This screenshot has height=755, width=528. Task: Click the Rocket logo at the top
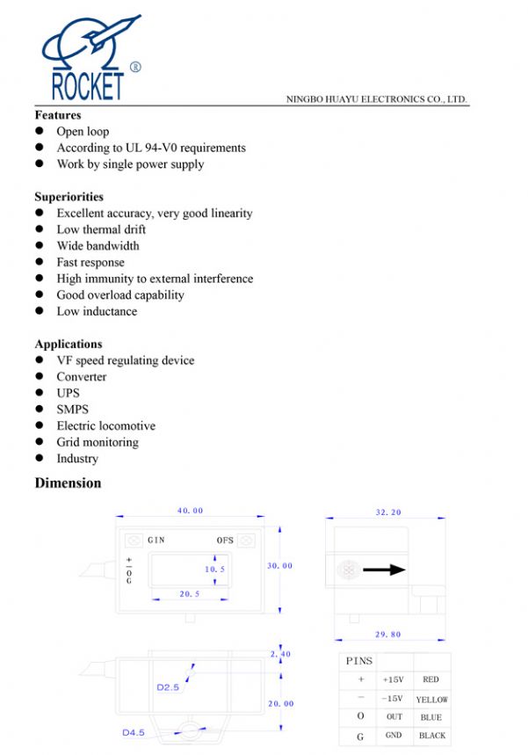tap(88, 58)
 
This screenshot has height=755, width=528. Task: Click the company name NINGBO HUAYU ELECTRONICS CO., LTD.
tap(376, 99)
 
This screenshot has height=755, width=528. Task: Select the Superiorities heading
tap(69, 197)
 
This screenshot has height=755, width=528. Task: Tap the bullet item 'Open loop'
tap(83, 132)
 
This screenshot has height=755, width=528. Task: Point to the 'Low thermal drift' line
tap(101, 229)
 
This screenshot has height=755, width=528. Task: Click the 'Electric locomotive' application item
tap(105, 426)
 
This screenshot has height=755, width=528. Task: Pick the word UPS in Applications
tap(68, 393)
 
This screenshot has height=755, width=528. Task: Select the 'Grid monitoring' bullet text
tap(98, 442)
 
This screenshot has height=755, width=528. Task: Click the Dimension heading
tap(68, 483)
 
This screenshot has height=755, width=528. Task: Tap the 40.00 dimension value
tap(190, 511)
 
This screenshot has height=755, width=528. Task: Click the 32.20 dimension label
tap(387, 511)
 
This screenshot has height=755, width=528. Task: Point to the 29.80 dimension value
tap(387, 634)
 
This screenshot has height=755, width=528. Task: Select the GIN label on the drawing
tap(156, 540)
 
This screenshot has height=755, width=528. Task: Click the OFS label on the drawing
tap(225, 540)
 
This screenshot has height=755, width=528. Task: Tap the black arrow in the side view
tap(384, 570)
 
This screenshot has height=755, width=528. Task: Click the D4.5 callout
tap(134, 731)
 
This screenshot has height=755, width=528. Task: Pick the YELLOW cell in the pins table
tap(431, 700)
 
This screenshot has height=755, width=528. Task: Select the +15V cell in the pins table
tap(393, 679)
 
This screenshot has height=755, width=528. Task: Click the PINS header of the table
tap(358, 661)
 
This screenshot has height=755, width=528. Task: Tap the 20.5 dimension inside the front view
tap(190, 594)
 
